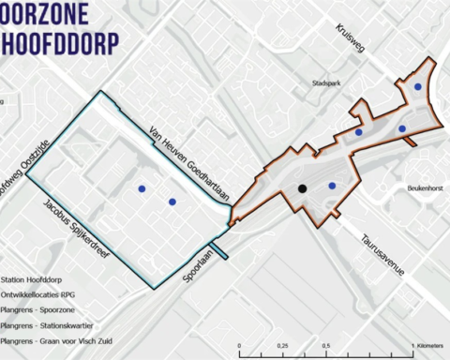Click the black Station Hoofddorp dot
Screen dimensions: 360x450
tap(302, 188)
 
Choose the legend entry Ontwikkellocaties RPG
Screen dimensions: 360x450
tap(41, 292)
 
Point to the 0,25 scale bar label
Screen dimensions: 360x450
tap(282, 346)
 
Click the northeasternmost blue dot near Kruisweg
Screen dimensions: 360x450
tap(418, 86)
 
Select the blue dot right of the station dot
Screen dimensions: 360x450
tap(332, 186)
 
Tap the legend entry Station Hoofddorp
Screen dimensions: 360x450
tap(34, 277)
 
